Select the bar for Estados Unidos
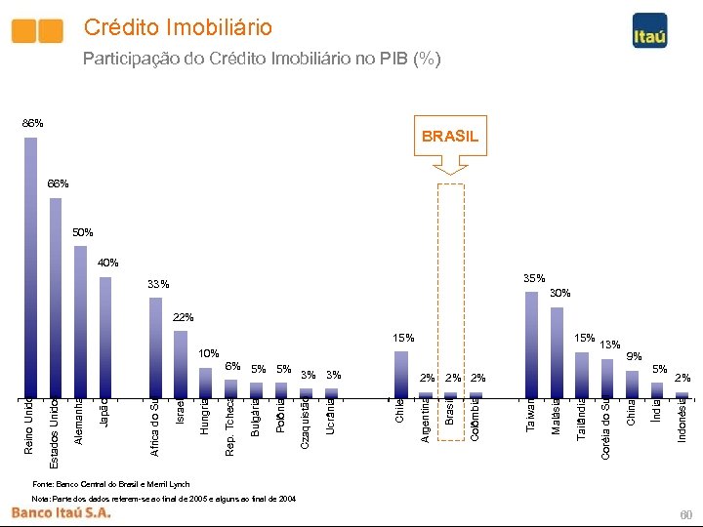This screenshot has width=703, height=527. (x=56, y=298)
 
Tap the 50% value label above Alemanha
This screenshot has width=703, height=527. (x=83, y=233)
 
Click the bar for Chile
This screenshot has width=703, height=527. (x=401, y=373)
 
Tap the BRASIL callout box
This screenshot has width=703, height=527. (x=450, y=137)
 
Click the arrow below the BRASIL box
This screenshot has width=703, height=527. (x=450, y=168)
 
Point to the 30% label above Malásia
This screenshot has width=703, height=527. (x=559, y=293)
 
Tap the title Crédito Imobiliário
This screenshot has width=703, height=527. (x=178, y=27)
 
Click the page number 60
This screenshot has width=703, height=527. (x=684, y=513)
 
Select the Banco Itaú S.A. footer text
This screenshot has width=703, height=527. (x=61, y=512)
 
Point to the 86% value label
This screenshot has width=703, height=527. (x=32, y=124)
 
